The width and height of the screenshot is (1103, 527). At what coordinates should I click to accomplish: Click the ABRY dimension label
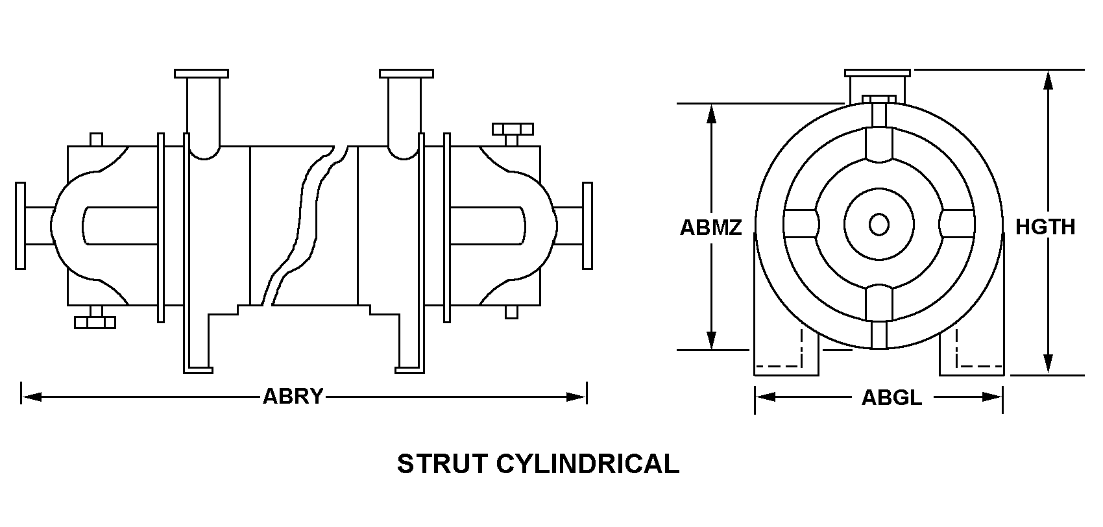(293, 396)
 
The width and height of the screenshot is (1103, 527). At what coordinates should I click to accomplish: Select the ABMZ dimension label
(710, 227)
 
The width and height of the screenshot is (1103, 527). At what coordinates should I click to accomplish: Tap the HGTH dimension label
(1045, 227)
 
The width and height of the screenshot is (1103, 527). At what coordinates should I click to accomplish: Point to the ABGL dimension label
(891, 397)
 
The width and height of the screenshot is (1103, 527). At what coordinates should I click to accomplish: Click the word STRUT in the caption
(441, 464)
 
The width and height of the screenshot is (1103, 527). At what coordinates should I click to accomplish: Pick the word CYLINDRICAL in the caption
(588, 464)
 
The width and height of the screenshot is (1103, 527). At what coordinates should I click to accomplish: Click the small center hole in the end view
(879, 225)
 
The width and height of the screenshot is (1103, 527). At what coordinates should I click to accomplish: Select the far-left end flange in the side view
(20, 225)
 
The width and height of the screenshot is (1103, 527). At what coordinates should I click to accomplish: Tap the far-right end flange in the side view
(587, 225)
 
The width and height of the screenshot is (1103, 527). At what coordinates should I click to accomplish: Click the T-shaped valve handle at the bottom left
(95, 320)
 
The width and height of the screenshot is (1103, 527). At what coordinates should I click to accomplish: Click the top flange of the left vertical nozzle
(201, 73)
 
